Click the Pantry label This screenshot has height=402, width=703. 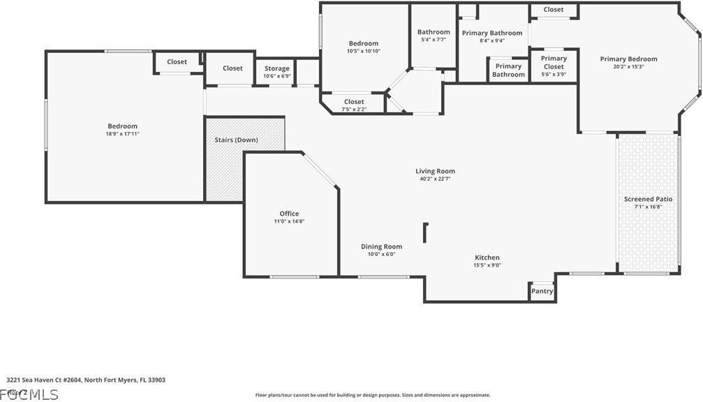point(542,291)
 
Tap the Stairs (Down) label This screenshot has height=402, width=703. point(236,140)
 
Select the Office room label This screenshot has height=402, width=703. point(289,214)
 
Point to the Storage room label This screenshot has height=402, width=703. point(276,68)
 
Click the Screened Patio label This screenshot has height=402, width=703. point(648,199)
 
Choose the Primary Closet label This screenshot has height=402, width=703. point(554,63)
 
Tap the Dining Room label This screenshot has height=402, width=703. point(381,246)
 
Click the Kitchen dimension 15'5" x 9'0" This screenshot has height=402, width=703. point(487,265)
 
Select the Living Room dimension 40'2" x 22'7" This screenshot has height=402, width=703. point(435,179)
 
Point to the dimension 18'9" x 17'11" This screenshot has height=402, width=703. point(122,134)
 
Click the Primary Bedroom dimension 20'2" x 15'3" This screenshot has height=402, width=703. point(628,67)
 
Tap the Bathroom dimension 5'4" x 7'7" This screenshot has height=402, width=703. point(434,40)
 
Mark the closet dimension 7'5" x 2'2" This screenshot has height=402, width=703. point(353,110)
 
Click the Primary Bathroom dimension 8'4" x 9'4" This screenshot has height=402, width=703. point(491,40)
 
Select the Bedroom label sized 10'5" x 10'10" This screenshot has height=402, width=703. point(363,43)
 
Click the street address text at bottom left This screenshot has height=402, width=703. point(86,380)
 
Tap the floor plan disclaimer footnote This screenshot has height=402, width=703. point(372,395)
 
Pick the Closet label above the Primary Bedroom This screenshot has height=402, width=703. point(554,10)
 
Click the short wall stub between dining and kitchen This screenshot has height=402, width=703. point(424,232)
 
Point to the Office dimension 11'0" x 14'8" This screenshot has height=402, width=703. point(289,221)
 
